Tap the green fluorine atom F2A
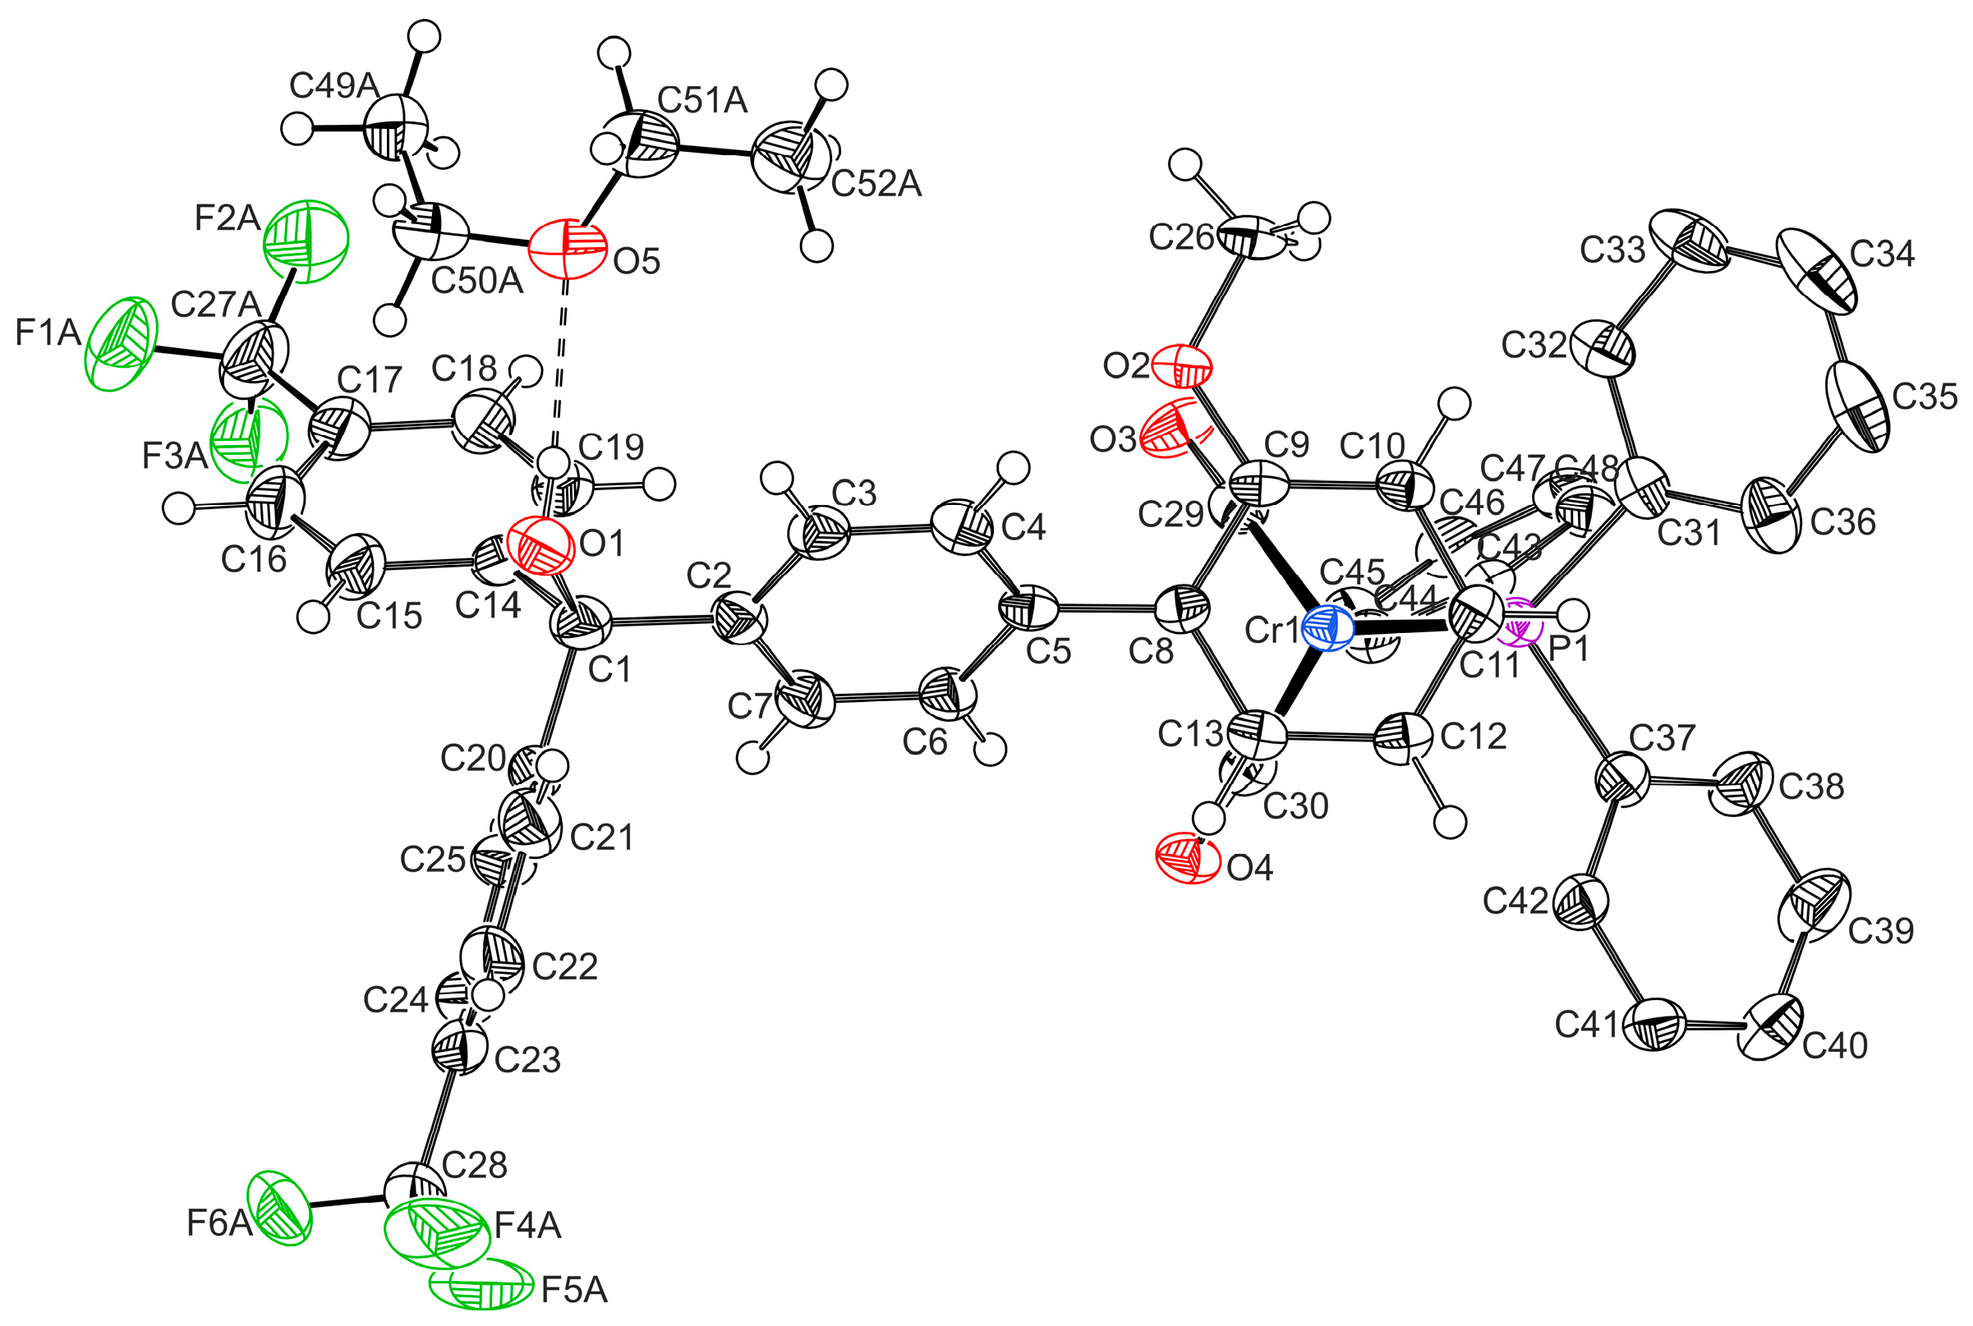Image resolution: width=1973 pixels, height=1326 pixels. tap(306, 241)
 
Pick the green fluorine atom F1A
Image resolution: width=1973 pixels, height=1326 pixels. tap(121, 344)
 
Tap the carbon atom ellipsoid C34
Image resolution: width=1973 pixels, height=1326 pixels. tap(1819, 271)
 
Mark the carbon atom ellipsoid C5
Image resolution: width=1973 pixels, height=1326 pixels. tap(1029, 610)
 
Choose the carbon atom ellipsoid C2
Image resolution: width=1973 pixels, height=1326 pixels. tap(740, 622)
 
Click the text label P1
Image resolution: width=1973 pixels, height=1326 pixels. tap(1571, 649)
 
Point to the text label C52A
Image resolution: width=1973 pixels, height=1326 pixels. tap(876, 185)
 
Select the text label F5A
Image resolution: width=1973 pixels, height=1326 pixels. tap(573, 1291)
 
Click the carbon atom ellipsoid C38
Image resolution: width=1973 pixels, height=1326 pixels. tap(1741, 784)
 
